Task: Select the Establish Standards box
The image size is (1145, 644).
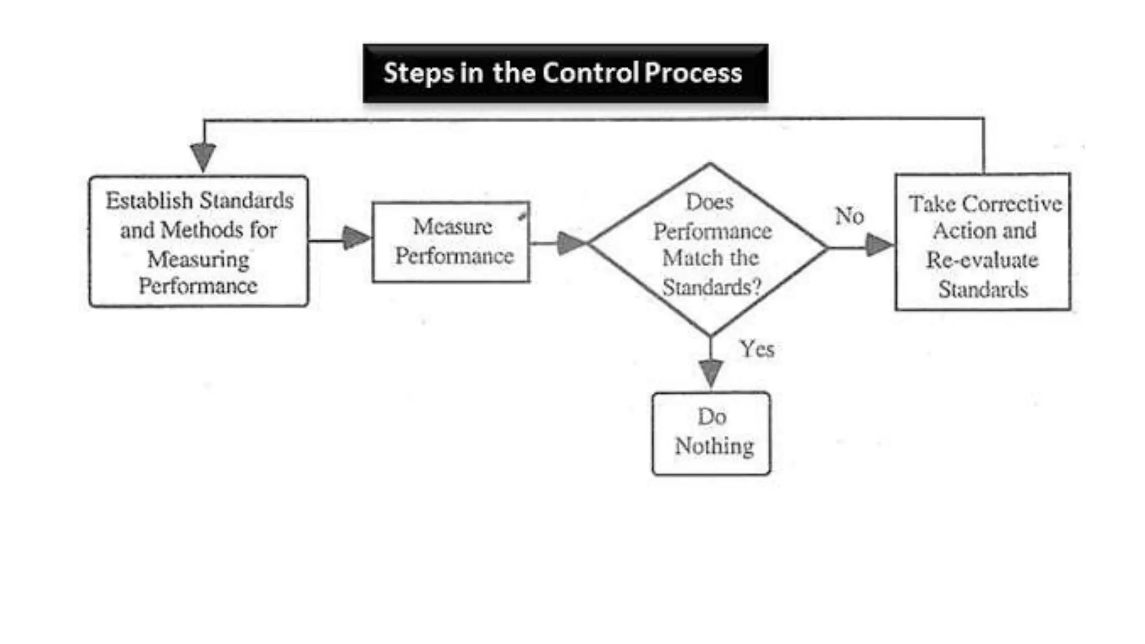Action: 198,241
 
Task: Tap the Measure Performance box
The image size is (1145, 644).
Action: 451,242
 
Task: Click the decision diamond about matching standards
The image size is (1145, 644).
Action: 709,249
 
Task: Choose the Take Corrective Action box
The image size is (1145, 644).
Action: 982,242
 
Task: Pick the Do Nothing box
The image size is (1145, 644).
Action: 711,433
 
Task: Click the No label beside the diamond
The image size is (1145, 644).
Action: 849,216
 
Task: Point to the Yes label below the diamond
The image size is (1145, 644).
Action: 756,349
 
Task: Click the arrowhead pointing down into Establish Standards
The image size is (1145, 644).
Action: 203,155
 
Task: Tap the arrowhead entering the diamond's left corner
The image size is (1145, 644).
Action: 570,243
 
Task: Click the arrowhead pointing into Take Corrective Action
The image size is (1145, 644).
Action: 878,245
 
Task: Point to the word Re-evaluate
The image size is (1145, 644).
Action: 982,260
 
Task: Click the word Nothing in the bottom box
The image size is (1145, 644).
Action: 714,446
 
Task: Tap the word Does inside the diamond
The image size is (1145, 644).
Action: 709,202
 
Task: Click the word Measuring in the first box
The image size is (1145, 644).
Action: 198,259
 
